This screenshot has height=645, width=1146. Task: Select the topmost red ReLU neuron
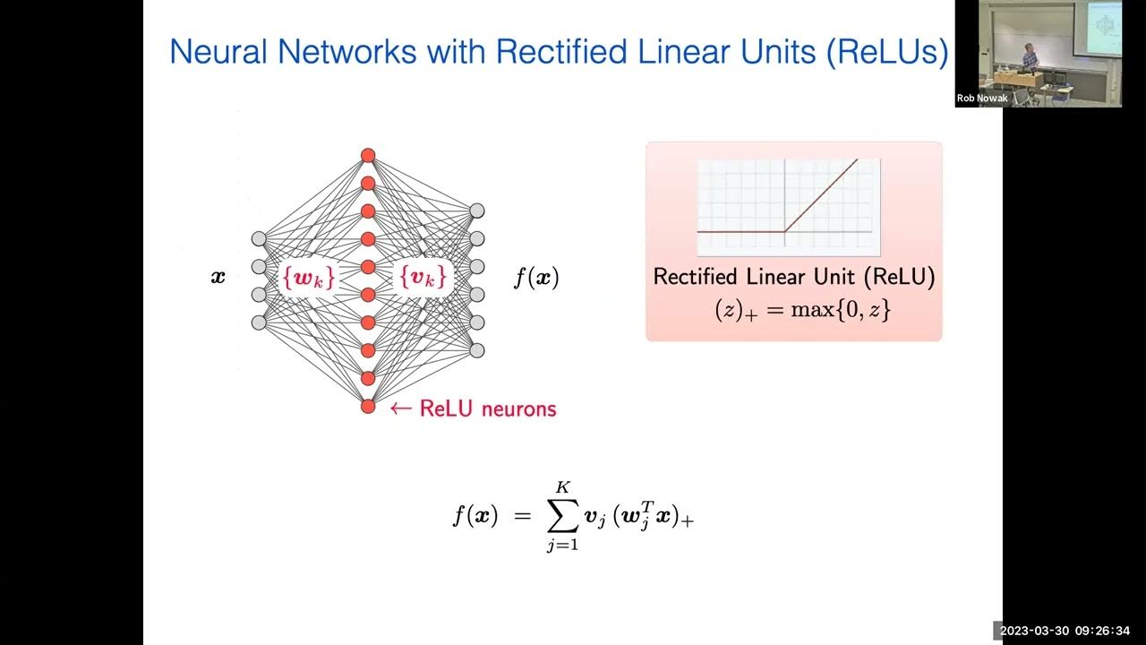pyautogui.click(x=368, y=155)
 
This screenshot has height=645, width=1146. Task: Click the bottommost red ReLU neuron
pyautogui.click(x=368, y=406)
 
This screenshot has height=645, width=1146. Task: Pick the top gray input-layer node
pyautogui.click(x=259, y=238)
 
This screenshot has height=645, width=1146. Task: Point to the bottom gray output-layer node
pyautogui.click(x=477, y=350)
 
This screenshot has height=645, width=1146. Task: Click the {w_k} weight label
pyautogui.click(x=309, y=279)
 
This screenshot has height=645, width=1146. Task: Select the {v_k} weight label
pyautogui.click(x=421, y=279)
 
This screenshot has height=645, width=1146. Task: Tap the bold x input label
pyautogui.click(x=218, y=277)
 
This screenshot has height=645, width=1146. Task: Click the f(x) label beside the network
pyautogui.click(x=536, y=278)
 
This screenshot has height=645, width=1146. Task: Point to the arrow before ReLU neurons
pyautogui.click(x=400, y=409)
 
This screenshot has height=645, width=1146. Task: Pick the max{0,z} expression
pyautogui.click(x=841, y=311)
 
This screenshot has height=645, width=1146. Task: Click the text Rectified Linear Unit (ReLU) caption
pyautogui.click(x=794, y=277)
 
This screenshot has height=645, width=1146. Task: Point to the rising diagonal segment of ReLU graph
pyautogui.click(x=821, y=196)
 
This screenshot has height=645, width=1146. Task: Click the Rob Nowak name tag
pyautogui.click(x=982, y=99)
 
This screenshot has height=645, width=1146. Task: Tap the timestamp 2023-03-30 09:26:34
pyautogui.click(x=1069, y=631)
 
